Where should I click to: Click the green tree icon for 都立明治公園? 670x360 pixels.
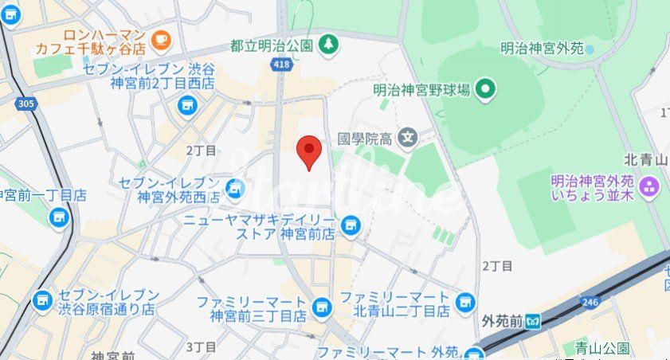(x=327, y=45)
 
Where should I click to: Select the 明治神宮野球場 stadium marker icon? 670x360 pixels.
(x=486, y=90)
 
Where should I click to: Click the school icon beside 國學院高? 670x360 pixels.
(x=409, y=138)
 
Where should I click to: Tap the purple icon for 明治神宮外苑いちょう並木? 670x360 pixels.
(x=650, y=187)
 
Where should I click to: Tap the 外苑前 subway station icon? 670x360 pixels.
(x=534, y=322)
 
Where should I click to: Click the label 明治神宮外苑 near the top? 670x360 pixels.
(x=540, y=49)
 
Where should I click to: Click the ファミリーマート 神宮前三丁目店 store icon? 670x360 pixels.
(x=321, y=307)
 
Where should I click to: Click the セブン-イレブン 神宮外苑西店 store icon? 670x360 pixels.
(x=234, y=189)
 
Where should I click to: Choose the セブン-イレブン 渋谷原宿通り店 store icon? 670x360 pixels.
(x=42, y=300)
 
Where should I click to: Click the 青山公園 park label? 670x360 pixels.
(x=601, y=348)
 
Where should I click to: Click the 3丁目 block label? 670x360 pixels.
(x=201, y=346)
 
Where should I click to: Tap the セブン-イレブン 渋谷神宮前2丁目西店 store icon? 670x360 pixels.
(x=187, y=104)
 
